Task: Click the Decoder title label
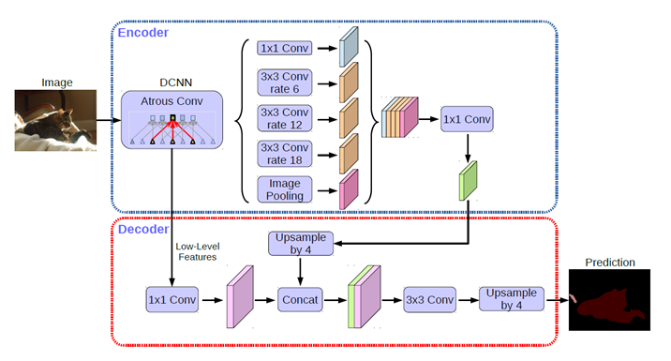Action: tap(142, 228)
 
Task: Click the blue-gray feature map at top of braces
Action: tap(349, 46)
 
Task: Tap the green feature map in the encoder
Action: tap(469, 180)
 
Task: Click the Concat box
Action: tap(300, 300)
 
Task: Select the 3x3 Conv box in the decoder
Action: tap(428, 300)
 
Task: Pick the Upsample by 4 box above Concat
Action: tap(300, 244)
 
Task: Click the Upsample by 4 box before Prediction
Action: tap(511, 300)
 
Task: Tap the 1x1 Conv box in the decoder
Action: tap(172, 300)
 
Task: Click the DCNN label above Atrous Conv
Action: tap(172, 81)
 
